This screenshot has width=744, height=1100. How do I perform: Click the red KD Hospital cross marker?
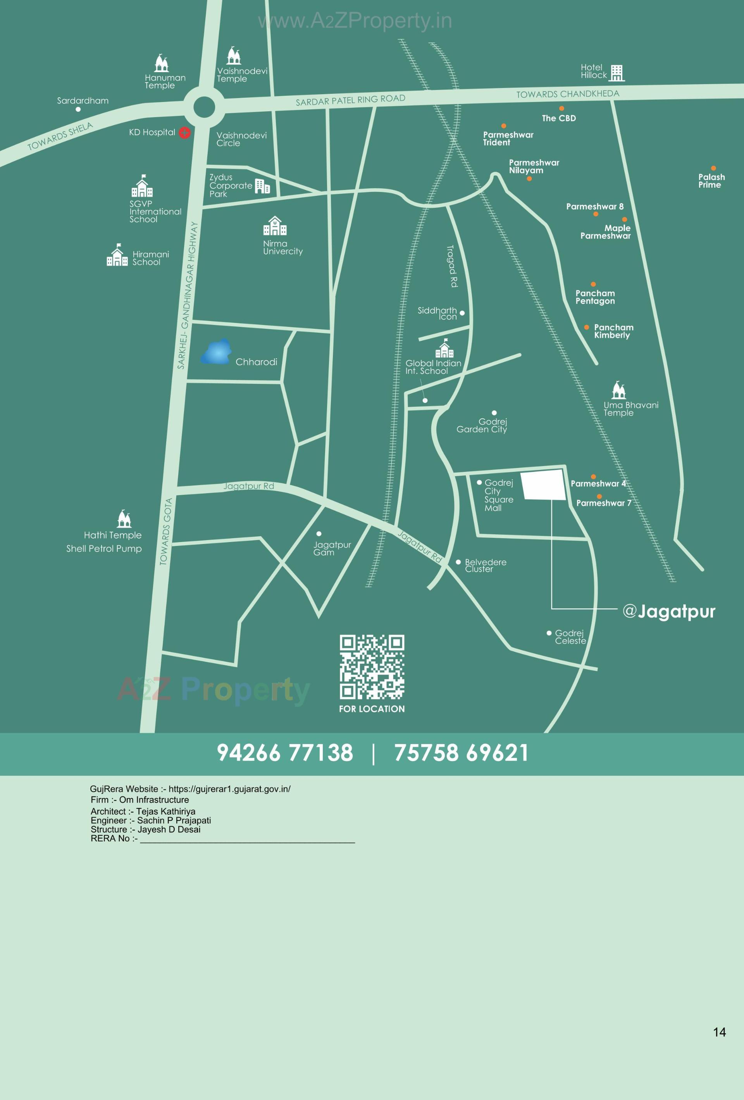pos(184,133)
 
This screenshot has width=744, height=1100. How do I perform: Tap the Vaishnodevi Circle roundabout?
pos(204,107)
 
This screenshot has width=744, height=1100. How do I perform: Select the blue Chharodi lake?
pos(216,352)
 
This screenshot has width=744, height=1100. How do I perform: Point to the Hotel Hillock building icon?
pos(617,73)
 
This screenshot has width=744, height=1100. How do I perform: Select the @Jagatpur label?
pos(669,611)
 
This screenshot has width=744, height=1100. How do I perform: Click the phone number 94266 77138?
pos(285,753)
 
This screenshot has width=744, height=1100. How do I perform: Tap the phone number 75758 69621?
pos(461,753)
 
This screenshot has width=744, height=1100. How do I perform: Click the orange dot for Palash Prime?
pos(713,168)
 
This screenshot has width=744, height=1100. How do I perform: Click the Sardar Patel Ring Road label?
pos(350,100)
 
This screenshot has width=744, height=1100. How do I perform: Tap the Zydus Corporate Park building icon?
pos(262,186)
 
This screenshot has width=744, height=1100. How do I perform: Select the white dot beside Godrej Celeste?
pos(549,633)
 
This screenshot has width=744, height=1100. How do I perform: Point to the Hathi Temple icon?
pos(124,519)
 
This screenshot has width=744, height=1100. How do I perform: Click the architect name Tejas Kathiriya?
pos(165,811)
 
